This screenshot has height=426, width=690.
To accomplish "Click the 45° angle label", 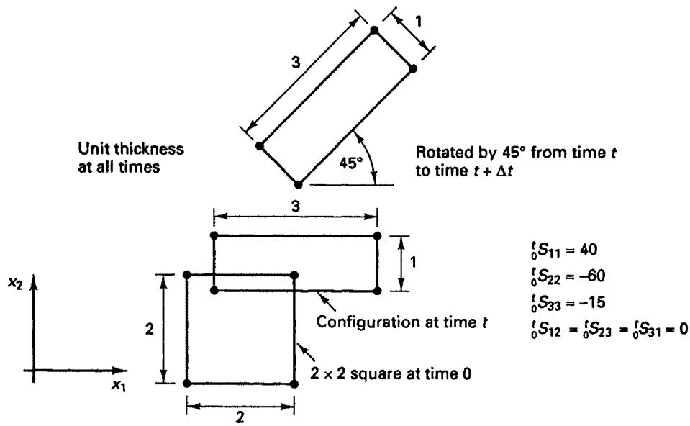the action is click(x=350, y=163).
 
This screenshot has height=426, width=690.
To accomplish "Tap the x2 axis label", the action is click(x=15, y=284).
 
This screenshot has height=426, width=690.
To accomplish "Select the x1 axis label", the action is click(x=119, y=386).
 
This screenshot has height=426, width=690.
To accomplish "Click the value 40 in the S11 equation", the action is click(x=589, y=250).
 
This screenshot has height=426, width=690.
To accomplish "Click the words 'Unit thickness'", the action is click(x=131, y=148).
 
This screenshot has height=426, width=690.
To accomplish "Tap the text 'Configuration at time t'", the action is click(x=402, y=322).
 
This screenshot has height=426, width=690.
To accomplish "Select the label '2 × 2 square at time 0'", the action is click(x=391, y=373).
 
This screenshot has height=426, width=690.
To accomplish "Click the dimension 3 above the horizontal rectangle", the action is click(x=296, y=206).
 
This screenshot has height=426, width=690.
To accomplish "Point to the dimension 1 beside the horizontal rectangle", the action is click(x=413, y=262).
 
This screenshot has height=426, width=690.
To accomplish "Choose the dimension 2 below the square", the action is click(x=240, y=417).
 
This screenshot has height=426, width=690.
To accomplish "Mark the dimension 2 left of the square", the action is click(x=150, y=328).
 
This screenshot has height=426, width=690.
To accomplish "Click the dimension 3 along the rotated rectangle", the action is click(x=296, y=63).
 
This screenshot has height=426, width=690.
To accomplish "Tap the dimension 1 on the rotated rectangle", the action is click(x=418, y=21).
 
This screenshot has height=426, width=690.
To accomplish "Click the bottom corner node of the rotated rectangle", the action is click(x=299, y=185).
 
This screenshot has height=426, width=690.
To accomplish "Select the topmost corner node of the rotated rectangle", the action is click(x=374, y=30).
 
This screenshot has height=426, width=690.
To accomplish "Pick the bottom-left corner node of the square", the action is click(x=186, y=384).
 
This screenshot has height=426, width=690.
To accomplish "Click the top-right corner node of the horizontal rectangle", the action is click(x=377, y=236).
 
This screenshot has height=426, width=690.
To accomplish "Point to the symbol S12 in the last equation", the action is click(x=547, y=329).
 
